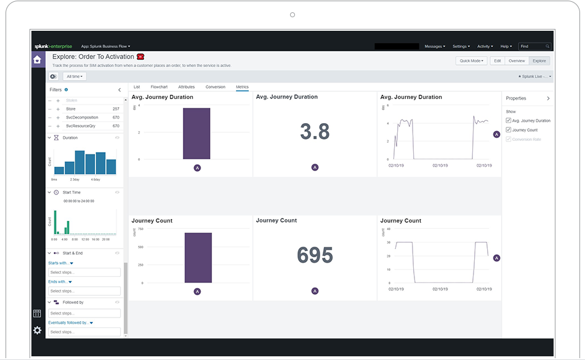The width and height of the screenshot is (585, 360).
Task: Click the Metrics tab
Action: pyautogui.click(x=242, y=87)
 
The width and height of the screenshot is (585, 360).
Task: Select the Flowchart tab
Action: pyautogui.click(x=159, y=87)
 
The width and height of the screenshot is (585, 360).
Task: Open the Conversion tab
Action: pyautogui.click(x=215, y=87)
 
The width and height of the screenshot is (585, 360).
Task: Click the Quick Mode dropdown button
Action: pyautogui.click(x=471, y=61)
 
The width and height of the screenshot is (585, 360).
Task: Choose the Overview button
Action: pyautogui.click(x=516, y=61)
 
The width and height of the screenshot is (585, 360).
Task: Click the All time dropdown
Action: pyautogui.click(x=74, y=76)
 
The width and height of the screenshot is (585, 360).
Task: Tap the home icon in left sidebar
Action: pyautogui.click(x=38, y=60)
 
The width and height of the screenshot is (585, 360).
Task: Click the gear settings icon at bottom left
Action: pyautogui.click(x=38, y=330)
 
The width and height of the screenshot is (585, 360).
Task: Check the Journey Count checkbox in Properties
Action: pyautogui.click(x=508, y=130)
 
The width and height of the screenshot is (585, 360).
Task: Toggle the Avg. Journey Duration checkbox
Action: pyautogui.click(x=508, y=121)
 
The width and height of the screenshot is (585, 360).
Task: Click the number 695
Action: pyautogui.click(x=315, y=255)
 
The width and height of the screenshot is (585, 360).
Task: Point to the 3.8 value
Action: pyautogui.click(x=315, y=132)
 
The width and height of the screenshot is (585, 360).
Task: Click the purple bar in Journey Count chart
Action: pyautogui.click(x=198, y=257)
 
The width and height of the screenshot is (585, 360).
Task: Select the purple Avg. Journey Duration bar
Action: pyautogui.click(x=196, y=134)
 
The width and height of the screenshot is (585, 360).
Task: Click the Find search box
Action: pyautogui.click(x=533, y=46)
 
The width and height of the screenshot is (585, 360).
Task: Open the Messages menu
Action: pyautogui.click(x=434, y=46)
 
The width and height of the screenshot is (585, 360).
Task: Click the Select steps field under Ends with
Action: pyautogui.click(x=84, y=291)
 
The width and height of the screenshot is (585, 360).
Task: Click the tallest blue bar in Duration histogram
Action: pyautogui.click(x=79, y=162)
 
